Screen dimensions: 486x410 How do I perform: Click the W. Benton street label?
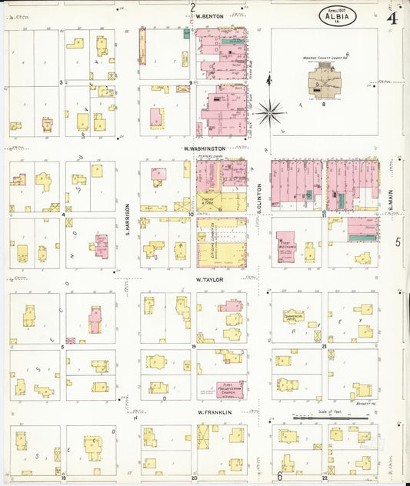(209, 16)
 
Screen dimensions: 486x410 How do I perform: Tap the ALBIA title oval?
(337, 16)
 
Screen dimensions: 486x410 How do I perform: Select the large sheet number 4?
(392, 17)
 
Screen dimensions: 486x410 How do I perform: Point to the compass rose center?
(270, 112)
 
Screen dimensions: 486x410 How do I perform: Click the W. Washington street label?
(205, 148)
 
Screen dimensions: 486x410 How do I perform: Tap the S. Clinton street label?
(260, 198)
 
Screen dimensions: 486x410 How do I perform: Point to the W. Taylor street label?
(208, 280)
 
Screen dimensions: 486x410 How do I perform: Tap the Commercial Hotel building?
(293, 315)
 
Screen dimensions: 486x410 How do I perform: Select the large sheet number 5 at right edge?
(398, 242)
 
